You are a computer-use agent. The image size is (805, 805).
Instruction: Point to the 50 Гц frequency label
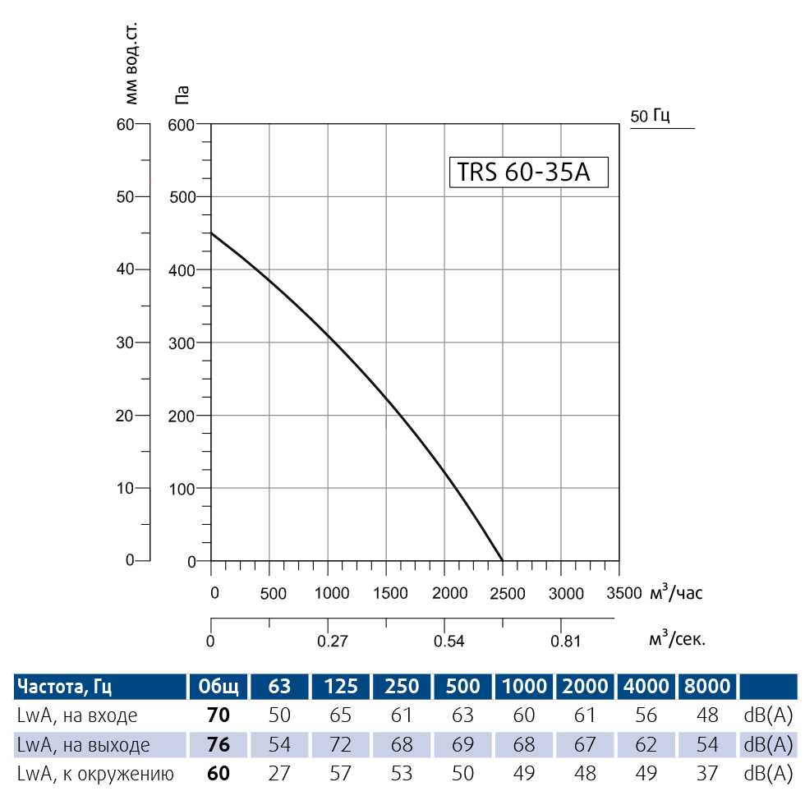pyautogui.click(x=651, y=116)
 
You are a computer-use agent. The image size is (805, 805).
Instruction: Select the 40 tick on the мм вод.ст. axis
pyautogui.click(x=124, y=269)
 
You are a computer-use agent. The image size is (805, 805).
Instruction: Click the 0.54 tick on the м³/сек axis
pyautogui.click(x=449, y=641)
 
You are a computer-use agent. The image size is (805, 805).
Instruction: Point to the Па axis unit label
pyautogui.click(x=183, y=95)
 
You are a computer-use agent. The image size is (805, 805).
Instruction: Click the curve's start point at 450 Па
pyautogui.click(x=212, y=233)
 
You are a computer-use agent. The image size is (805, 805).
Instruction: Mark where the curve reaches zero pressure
pyautogui.click(x=502, y=561)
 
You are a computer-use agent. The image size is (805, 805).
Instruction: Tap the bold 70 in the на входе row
pyautogui.click(x=218, y=715)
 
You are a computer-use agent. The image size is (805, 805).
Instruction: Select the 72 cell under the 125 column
pyautogui.click(x=340, y=745)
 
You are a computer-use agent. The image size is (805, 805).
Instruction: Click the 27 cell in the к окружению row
pyautogui.click(x=280, y=773)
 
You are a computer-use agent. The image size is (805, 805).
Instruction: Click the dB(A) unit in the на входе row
pyautogui.click(x=767, y=715)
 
